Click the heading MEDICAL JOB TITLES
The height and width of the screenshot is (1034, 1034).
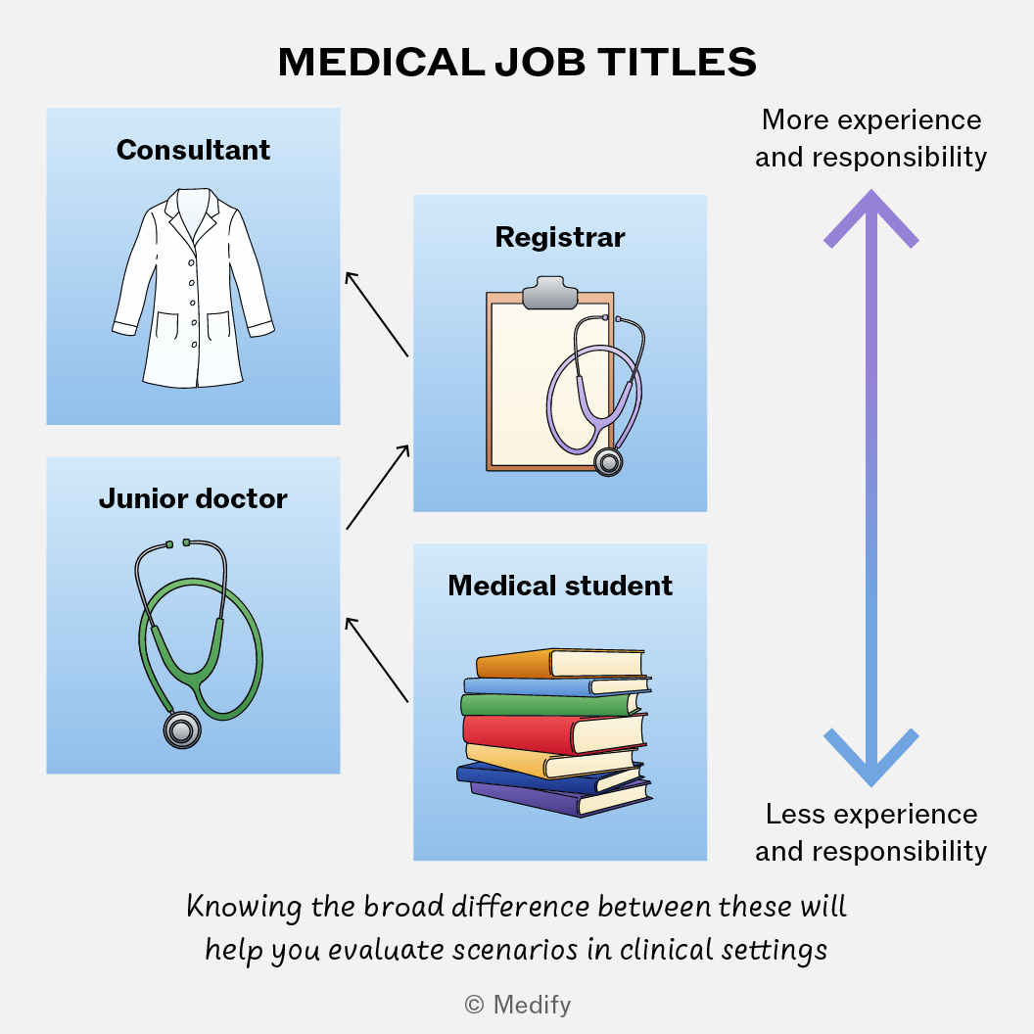(517, 63)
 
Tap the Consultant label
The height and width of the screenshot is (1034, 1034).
(193, 151)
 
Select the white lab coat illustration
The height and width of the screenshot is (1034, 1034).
(193, 288)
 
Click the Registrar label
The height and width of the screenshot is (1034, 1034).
(560, 237)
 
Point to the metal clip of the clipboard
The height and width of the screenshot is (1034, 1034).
(550, 292)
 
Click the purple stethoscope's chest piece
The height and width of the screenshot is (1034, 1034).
(608, 461)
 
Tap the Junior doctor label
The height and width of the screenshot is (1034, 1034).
(193, 499)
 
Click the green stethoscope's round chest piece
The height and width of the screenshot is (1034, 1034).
(182, 730)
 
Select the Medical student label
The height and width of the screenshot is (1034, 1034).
(560, 586)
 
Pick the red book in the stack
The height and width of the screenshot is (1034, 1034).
(554, 733)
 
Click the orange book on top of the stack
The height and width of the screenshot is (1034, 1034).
(559, 664)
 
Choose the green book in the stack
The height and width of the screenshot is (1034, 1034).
(551, 704)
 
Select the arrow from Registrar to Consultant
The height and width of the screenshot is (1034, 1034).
(377, 314)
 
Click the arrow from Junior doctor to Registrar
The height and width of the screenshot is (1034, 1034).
(378, 487)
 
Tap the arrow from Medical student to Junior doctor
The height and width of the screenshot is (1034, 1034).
(377, 660)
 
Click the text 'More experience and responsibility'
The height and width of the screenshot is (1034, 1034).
(871, 138)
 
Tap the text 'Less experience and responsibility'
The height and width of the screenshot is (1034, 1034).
(871, 833)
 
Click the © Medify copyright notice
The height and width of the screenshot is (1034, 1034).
(518, 1005)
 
